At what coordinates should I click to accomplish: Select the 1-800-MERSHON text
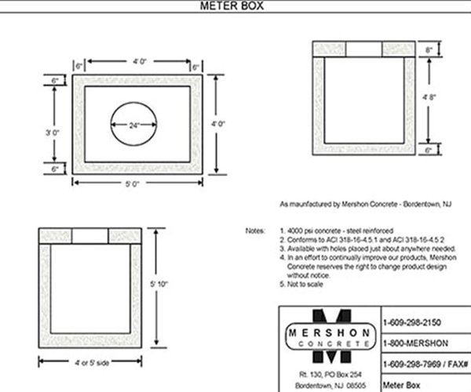click(409, 343)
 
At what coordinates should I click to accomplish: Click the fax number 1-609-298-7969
click(414, 365)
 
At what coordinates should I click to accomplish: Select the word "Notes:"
click(255, 231)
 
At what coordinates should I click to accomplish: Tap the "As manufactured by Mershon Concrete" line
click(360, 204)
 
